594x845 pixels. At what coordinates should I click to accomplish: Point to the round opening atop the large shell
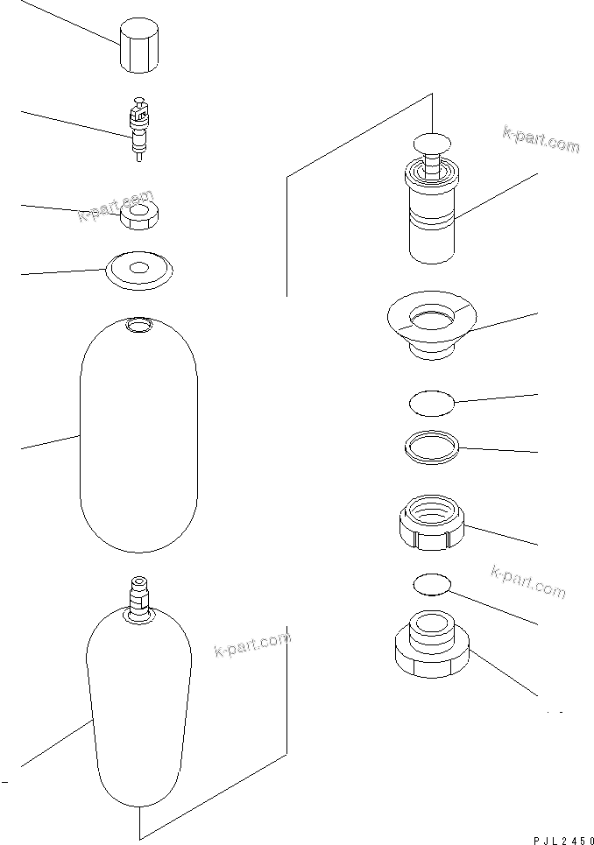point(138,327)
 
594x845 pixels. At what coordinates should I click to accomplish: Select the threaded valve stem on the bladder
point(138,595)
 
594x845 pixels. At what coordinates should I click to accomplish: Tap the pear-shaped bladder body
point(138,709)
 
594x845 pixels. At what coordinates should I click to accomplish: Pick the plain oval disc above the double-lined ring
point(432,404)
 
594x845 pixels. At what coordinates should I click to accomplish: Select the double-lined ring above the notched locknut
point(433,447)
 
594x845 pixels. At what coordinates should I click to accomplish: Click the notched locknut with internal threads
point(431,524)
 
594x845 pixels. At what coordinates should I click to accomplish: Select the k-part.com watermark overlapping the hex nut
point(116,206)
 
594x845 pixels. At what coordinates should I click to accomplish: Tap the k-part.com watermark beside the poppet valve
point(541,138)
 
